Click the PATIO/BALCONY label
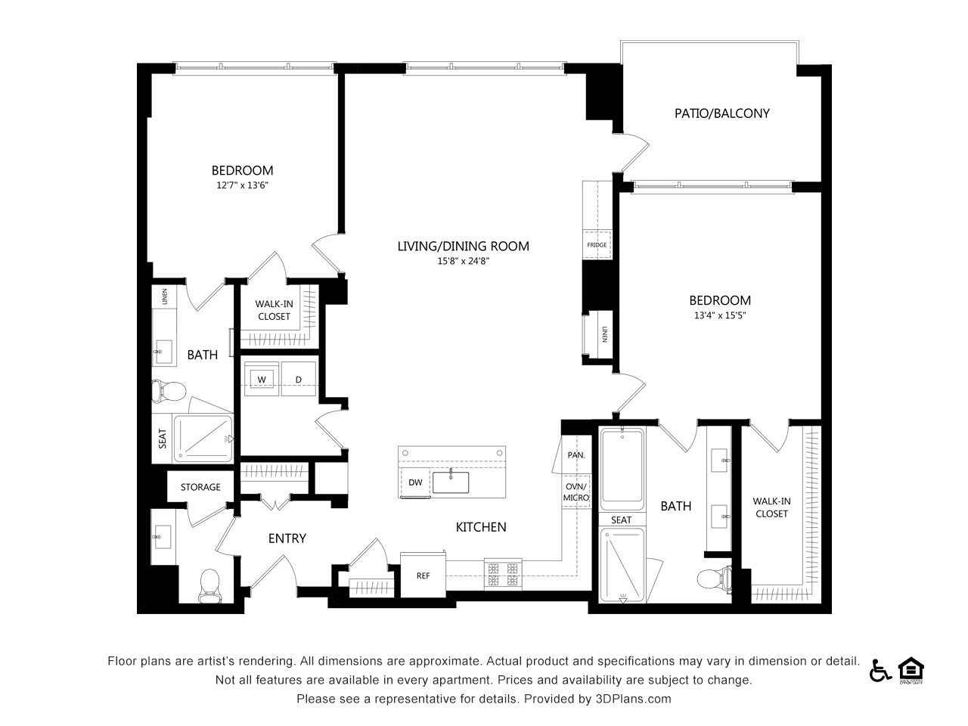point(722,113)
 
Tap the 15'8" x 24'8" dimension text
point(463,261)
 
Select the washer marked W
point(262,379)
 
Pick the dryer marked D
point(299,379)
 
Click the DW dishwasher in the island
point(415,482)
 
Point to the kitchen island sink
point(451,482)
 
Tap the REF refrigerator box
point(423,576)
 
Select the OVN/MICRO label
point(576,492)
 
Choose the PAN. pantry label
point(576,455)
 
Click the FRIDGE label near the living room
point(597,245)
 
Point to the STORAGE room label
point(200,487)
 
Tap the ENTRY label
point(287,538)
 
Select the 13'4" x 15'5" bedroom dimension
point(720,315)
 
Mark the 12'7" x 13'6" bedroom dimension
point(242,185)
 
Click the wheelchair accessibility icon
point(880,671)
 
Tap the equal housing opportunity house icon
point(911,670)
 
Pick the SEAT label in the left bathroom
point(163,439)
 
